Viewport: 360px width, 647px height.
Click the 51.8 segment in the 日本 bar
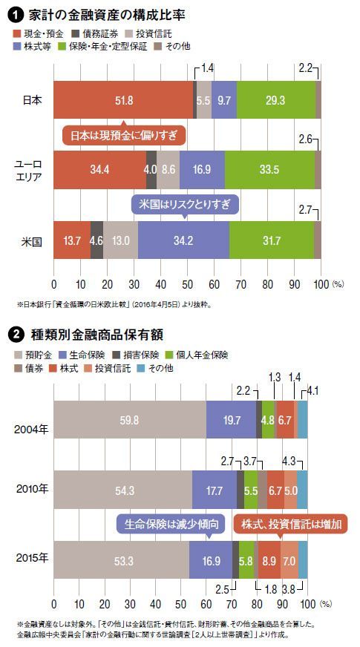pyautogui.click(x=123, y=100)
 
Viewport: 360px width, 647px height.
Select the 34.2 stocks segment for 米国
pyautogui.click(x=184, y=240)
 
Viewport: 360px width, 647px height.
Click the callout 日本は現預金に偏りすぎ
pyautogui.click(x=124, y=135)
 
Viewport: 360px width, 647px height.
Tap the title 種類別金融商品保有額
pyautogui.click(x=96, y=335)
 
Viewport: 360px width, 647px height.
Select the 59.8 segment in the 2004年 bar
pyautogui.click(x=130, y=420)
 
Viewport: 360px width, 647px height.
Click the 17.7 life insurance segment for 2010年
pyautogui.click(x=215, y=490)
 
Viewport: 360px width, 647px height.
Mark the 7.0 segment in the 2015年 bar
pyautogui.click(x=289, y=559)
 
